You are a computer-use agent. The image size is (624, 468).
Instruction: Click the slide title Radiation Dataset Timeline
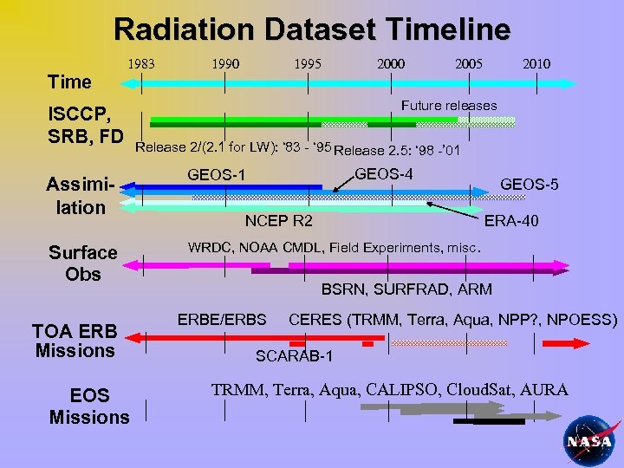tap(312, 30)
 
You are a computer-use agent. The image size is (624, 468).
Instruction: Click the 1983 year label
tap(141, 64)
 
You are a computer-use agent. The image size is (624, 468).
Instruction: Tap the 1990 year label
tap(226, 64)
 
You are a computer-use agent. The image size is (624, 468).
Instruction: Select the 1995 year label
tap(308, 64)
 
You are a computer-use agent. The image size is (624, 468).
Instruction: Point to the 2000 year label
tap(390, 64)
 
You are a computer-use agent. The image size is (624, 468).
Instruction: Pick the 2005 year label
tap(469, 64)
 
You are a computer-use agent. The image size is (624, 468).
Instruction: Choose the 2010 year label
tap(536, 64)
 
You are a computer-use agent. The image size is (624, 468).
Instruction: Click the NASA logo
tap(589, 440)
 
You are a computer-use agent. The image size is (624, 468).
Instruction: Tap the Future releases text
tap(449, 106)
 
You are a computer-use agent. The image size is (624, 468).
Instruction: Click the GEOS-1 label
tap(217, 176)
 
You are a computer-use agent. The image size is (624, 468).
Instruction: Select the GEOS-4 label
tap(384, 174)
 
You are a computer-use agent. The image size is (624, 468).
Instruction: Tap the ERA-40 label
tap(510, 221)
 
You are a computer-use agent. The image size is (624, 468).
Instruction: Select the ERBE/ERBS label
tap(222, 319)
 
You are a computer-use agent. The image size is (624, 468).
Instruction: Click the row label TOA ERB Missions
tap(75, 341)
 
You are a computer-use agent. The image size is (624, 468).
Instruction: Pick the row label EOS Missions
tap(89, 406)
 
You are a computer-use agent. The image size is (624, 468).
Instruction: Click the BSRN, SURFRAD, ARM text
tap(406, 289)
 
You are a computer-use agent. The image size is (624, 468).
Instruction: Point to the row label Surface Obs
tap(82, 263)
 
